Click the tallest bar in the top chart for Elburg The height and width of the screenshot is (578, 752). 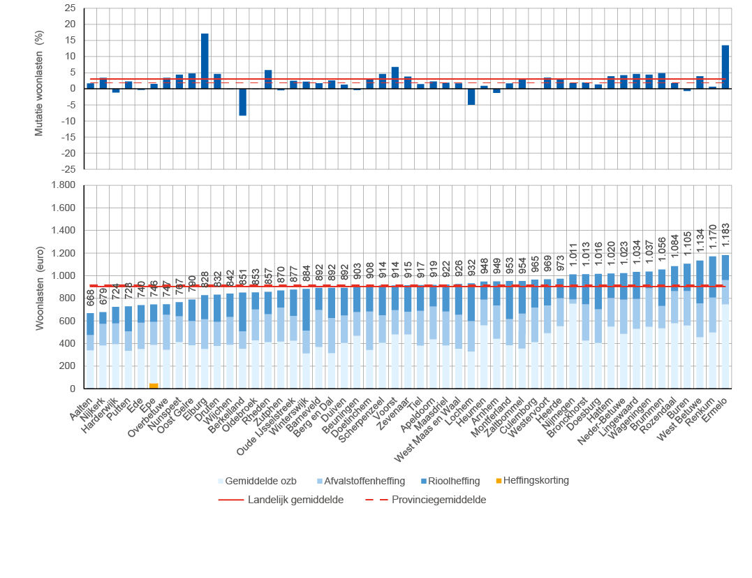coord(205,61)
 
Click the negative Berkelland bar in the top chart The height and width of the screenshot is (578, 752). coord(243,102)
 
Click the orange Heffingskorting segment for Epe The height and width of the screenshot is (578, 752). coord(154,385)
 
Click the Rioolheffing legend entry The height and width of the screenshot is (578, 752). coord(453,481)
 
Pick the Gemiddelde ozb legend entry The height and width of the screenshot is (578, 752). coord(258,481)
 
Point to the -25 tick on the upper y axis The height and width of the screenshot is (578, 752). coord(68,169)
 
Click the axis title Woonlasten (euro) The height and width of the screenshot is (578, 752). coord(40,287)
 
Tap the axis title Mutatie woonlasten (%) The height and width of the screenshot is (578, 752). coord(40,89)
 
